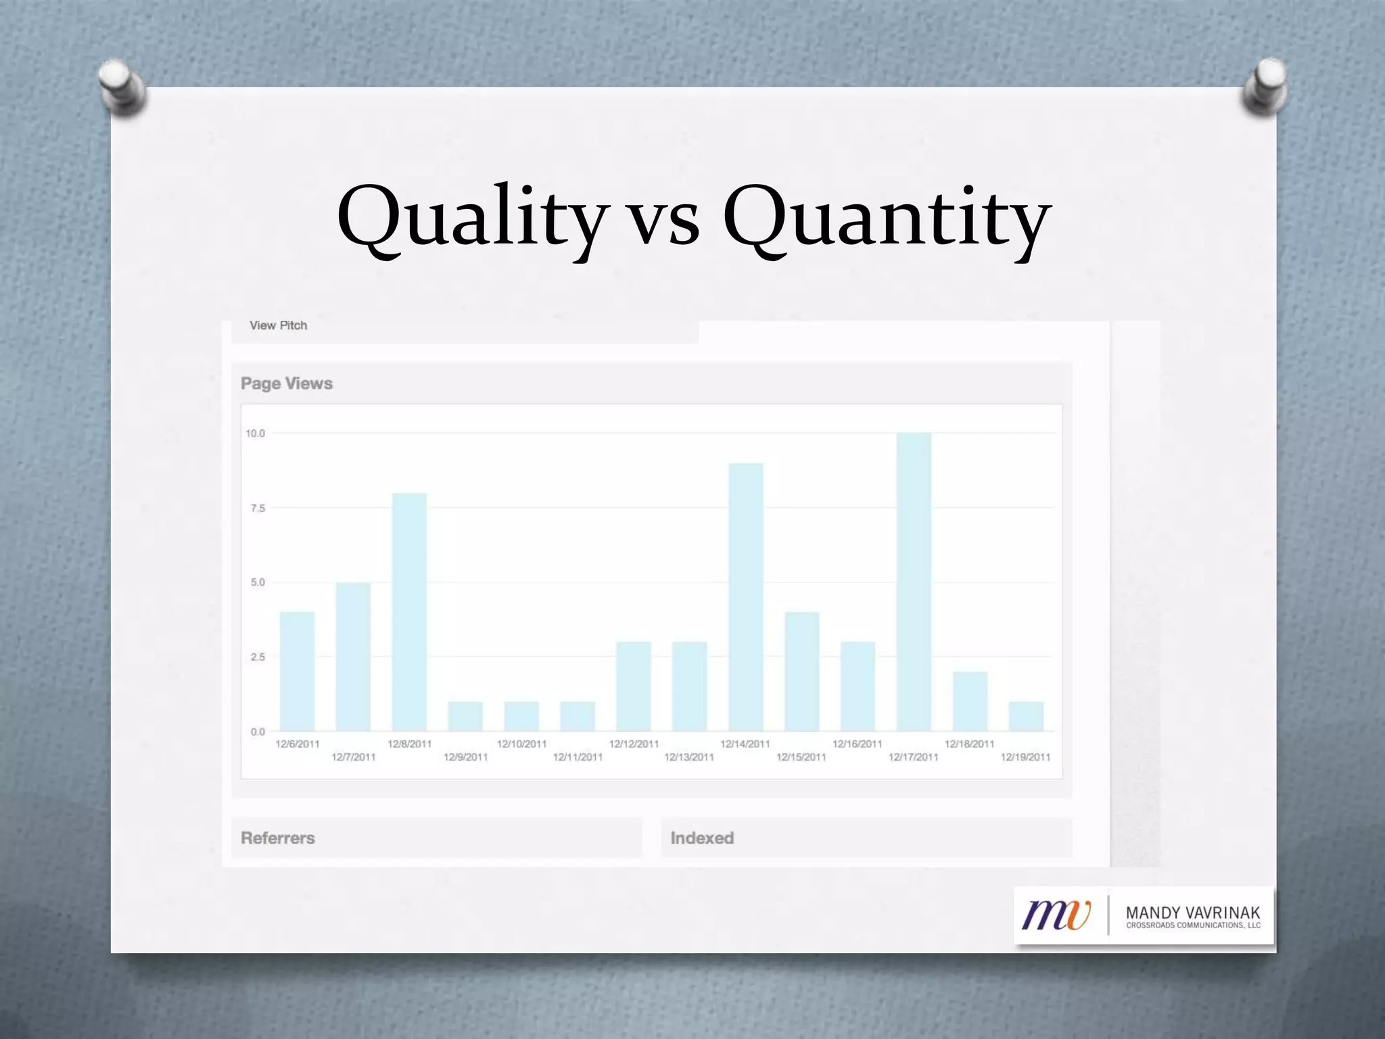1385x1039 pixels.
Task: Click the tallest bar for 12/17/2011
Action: point(914,582)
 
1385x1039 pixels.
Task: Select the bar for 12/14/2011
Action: point(746,597)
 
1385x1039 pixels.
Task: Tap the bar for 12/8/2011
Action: point(409,611)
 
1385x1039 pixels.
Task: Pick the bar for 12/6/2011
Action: point(297,671)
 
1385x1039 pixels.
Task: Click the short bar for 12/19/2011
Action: point(1026,716)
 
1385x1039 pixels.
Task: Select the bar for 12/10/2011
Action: point(521,716)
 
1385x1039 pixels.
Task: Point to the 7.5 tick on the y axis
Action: point(258,508)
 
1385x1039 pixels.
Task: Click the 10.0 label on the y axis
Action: point(256,434)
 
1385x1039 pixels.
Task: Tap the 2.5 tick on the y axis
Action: point(258,657)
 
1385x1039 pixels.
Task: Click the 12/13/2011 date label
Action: point(689,757)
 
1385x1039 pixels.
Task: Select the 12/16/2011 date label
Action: point(858,744)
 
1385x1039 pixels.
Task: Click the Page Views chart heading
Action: point(287,384)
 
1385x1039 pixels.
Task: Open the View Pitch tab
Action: point(279,325)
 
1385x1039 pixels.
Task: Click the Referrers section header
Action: point(278,838)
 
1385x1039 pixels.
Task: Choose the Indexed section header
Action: point(702,838)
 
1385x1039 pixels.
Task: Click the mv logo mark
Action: point(1056,915)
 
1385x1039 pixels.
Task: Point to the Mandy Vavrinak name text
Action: point(1193,913)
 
